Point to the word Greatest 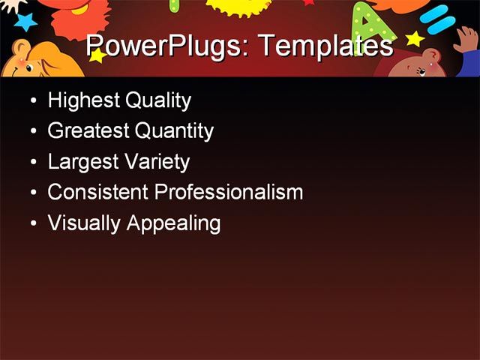click(88, 132)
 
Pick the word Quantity click(174, 132)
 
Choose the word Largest click(82, 163)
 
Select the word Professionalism click(228, 193)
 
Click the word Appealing click(173, 223)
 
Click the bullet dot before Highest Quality click(32, 100)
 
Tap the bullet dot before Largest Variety click(32, 162)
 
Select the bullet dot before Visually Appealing click(32, 223)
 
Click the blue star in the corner click(25, 20)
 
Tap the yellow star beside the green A click(414, 37)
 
